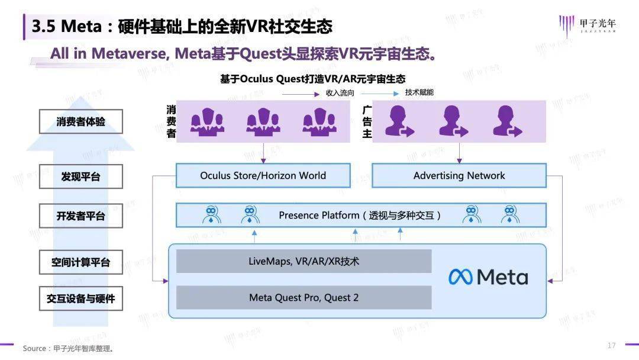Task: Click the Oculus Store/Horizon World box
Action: click(x=263, y=176)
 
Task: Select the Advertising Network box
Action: click(x=459, y=176)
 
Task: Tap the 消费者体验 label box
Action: click(x=81, y=122)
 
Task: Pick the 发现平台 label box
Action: click(x=81, y=176)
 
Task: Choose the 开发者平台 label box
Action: click(x=81, y=216)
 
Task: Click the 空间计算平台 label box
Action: click(x=81, y=262)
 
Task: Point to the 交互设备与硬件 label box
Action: click(x=81, y=299)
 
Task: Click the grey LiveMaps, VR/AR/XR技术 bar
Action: click(x=304, y=261)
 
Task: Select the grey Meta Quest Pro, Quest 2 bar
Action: click(x=304, y=297)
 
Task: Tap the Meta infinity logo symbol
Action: click(x=460, y=277)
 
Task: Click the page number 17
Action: click(x=611, y=345)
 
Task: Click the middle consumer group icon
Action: click(x=263, y=121)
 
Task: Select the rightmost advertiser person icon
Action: click(x=507, y=121)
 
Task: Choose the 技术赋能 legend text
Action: click(x=419, y=92)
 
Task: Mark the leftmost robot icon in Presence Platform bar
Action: click(x=211, y=215)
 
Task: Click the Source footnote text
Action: click(x=68, y=348)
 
